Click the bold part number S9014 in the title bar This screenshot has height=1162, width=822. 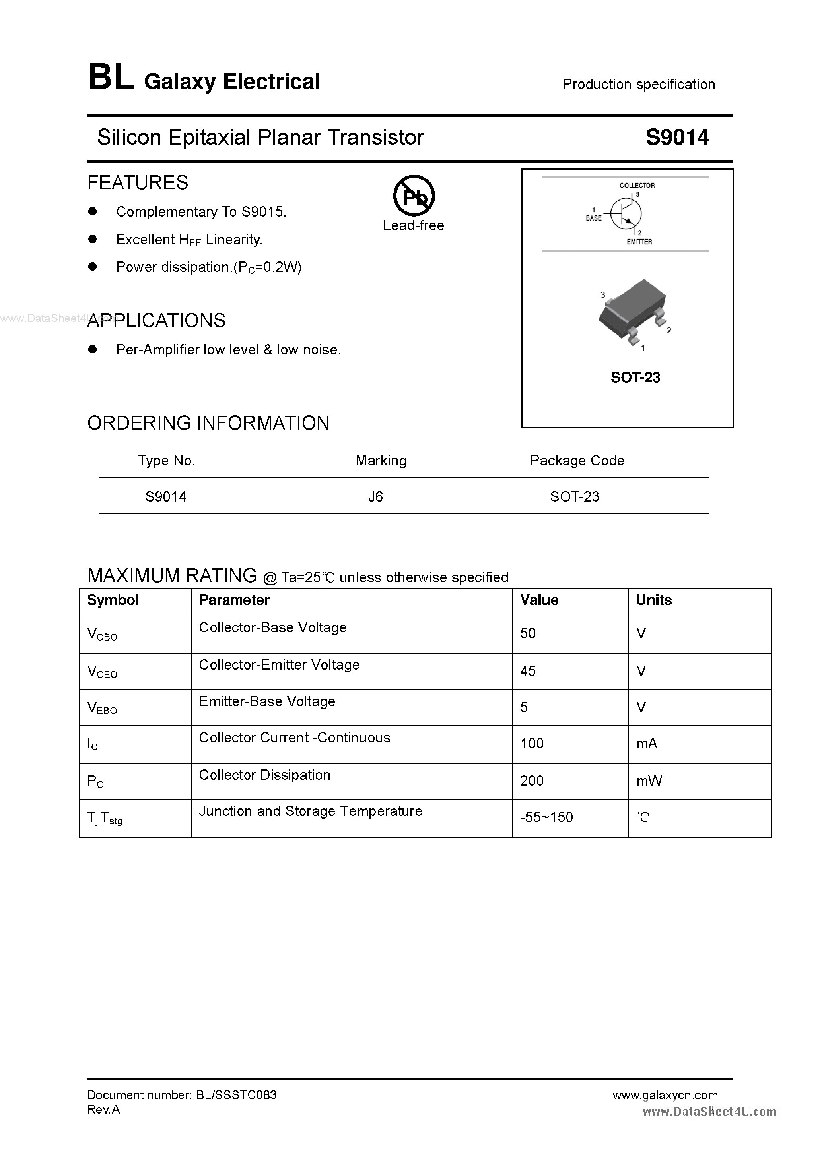coord(677,137)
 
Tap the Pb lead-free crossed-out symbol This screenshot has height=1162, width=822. coord(414,196)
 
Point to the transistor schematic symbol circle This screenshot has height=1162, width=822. coord(626,213)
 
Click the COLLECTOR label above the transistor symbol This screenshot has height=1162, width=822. coord(637,186)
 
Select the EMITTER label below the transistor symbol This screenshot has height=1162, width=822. coord(639,242)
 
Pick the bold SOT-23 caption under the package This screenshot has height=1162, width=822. coord(635,378)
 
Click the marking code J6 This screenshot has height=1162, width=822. coord(375,496)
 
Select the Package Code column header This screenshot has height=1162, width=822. coord(577,461)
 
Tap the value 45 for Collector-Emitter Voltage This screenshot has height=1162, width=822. coord(528,671)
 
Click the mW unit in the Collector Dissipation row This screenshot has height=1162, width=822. coord(649,780)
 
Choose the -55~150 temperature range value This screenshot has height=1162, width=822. coord(546,817)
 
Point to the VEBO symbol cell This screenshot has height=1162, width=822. coord(102,707)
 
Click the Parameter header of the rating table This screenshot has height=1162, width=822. coord(234,600)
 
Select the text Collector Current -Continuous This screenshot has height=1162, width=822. coord(294,738)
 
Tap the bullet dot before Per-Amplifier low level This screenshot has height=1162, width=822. coord(92,349)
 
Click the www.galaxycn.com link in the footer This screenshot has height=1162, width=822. coord(665,1095)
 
